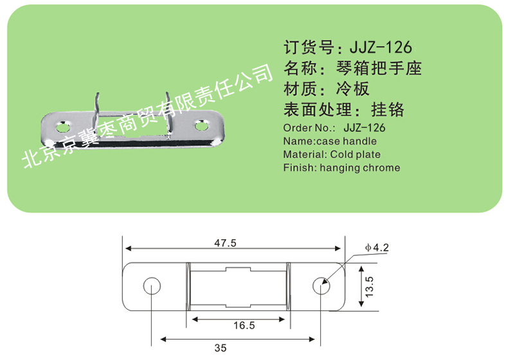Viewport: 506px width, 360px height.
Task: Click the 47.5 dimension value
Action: pos(225,242)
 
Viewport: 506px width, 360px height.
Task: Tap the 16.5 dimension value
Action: pos(244,325)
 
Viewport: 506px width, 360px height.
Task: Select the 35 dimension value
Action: pos(221,348)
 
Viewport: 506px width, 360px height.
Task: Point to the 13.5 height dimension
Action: pos(369,287)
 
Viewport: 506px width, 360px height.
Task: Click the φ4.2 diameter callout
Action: pos(377,248)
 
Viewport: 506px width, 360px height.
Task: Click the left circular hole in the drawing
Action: pos(152,286)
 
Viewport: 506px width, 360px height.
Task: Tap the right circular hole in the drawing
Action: pos(321,286)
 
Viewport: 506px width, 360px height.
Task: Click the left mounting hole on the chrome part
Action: pos(63,127)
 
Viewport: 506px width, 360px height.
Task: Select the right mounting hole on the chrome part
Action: pos(202,125)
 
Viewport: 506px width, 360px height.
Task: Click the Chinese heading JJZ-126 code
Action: pos(381,48)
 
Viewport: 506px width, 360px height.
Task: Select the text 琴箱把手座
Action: pos(379,68)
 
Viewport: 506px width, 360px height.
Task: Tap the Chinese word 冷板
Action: pos(353,89)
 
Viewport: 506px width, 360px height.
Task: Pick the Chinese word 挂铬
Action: pos(388,109)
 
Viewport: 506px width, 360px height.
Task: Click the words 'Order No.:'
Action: pos(309,128)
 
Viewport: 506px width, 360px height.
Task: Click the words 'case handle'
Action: pos(347,141)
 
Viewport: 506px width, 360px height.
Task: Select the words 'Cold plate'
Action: pos(356,154)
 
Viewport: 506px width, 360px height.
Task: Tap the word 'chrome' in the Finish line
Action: pos(382,168)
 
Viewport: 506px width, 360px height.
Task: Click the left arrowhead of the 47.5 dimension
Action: pos(128,248)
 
